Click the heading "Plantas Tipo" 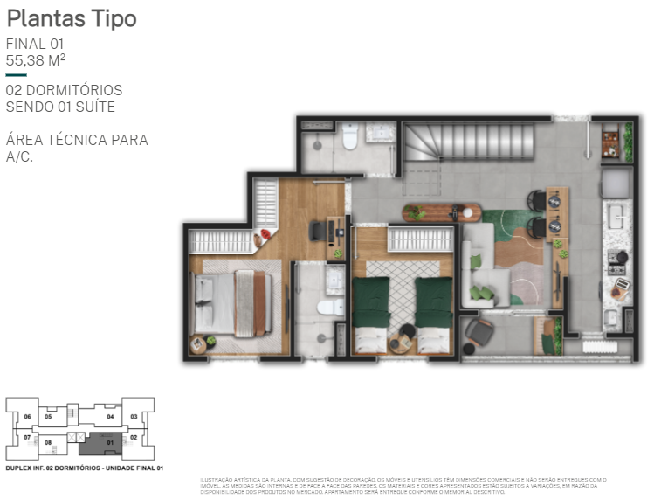72,18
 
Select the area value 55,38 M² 36,60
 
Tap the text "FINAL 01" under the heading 35,44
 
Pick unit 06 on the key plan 27,416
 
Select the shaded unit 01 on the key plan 110,443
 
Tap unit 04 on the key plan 110,416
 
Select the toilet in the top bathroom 350,137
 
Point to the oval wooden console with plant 442,211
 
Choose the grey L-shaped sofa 483,267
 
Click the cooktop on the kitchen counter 616,259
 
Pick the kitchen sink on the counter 616,214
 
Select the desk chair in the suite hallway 316,232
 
